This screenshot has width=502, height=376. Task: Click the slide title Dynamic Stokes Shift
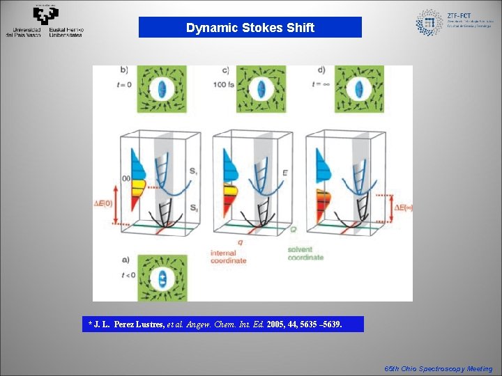click(x=250, y=28)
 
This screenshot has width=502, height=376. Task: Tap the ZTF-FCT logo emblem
click(x=429, y=23)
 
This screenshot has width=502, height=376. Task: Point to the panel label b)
click(x=124, y=70)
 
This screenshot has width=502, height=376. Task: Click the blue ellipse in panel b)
click(x=162, y=89)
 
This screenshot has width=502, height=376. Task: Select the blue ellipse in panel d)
click(x=359, y=89)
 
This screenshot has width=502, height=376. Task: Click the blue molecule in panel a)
click(x=162, y=279)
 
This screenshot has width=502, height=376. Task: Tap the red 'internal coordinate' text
click(x=228, y=256)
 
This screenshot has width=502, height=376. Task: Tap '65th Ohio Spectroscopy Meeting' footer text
click(x=439, y=369)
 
